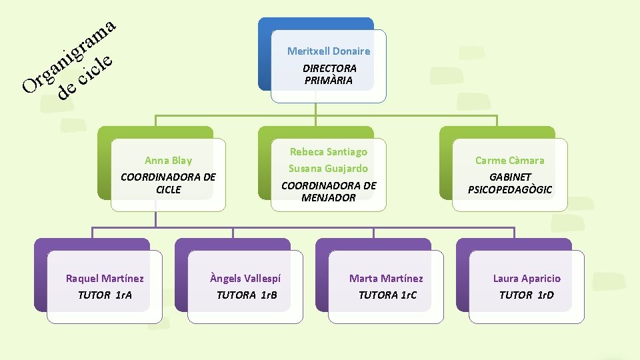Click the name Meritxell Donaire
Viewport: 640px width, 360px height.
pos(329,51)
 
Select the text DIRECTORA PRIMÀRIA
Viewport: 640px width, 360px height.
pos(329,74)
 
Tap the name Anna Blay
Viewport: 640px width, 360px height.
pos(168,160)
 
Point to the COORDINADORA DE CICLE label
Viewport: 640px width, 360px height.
pos(168,183)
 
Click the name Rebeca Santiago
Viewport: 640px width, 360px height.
pos(328,152)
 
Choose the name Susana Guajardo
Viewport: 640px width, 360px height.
pos(328,169)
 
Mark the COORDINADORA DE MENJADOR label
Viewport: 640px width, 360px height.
pos(328,191)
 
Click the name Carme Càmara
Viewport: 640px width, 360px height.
pos(509,161)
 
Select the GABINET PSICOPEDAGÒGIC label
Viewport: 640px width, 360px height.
pos(509,183)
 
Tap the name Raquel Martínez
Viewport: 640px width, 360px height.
pos(105,279)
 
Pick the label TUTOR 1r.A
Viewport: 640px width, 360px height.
pos(105,295)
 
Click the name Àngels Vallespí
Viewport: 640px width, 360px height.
pos(245,279)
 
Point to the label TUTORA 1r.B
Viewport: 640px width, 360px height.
pos(246,295)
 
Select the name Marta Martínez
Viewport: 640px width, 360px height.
pos(386,279)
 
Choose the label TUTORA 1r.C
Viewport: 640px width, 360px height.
pos(387,295)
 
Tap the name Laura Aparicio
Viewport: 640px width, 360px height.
pos(527,279)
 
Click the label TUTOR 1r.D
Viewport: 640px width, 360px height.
pos(527,295)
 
